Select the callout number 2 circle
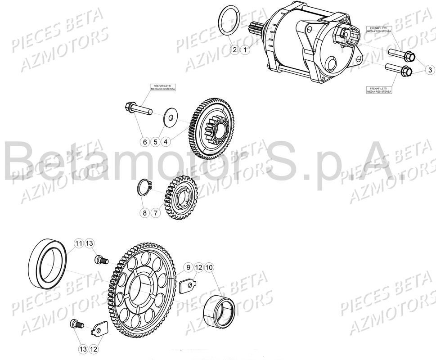coord(234,50)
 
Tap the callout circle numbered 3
coord(429,70)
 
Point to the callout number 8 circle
coord(144,213)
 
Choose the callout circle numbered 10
coord(209,268)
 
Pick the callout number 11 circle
coord(79,243)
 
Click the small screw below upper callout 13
coord(101,260)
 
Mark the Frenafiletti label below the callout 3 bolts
coord(379,90)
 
